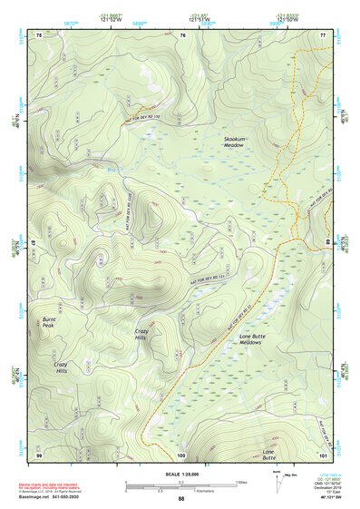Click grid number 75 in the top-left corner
pyautogui.click(x=39, y=34)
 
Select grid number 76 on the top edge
pyautogui.click(x=182, y=34)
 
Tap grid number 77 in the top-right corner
pyautogui.click(x=323, y=34)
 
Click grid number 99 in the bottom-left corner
pyautogui.click(x=39, y=454)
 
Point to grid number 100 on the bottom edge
pyautogui.click(x=180, y=454)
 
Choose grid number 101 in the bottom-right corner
pyautogui.click(x=322, y=454)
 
